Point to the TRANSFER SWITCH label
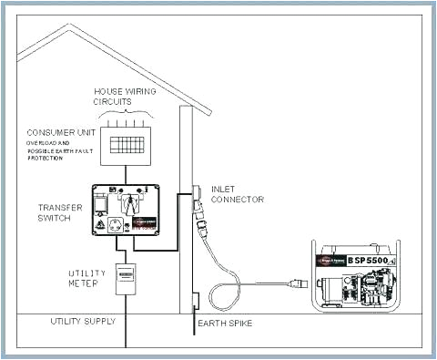tap(61, 212)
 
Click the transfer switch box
tap(127, 214)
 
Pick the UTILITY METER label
tap(88, 278)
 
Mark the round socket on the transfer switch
tap(117, 224)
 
